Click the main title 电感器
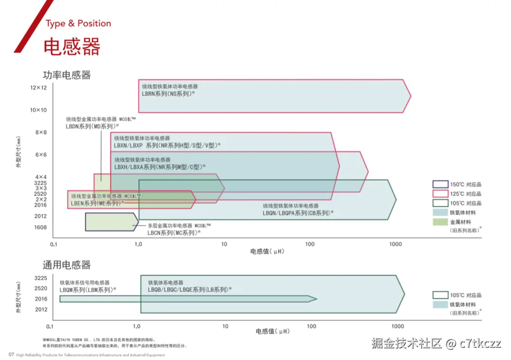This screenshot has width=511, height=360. [72, 47]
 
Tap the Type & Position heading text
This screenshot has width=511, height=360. [78, 24]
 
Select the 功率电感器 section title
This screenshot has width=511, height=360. [67, 75]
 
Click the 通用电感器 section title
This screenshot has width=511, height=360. [67, 265]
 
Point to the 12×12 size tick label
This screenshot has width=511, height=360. [38, 88]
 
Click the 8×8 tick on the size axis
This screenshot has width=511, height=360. [41, 132]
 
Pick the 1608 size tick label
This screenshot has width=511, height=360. [40, 228]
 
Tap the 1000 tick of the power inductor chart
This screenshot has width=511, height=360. [396, 244]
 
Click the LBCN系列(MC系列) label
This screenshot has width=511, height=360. [174, 232]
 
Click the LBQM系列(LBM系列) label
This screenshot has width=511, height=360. [88, 290]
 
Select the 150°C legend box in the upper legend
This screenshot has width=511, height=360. [440, 184]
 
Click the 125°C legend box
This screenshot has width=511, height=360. [440, 194]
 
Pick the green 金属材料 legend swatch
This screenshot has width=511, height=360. [440, 221]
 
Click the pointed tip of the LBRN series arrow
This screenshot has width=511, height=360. [410, 97]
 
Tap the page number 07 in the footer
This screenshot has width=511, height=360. [11, 355]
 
